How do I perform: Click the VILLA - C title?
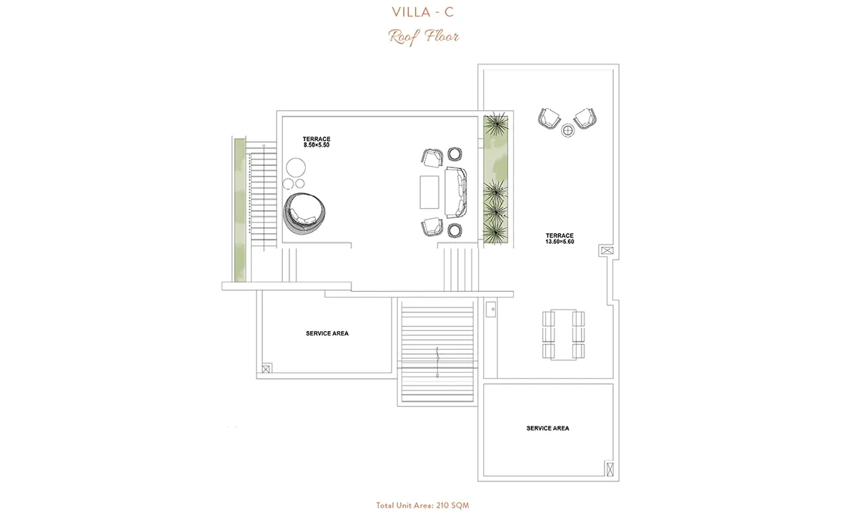pos(422,12)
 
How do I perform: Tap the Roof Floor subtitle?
pos(424,36)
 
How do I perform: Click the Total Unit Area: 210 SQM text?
pos(422,506)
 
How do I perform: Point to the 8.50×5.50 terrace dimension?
pos(316,145)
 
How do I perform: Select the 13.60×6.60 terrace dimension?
pos(559,242)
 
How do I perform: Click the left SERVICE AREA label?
pos(327,334)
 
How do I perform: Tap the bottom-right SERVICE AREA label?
pos(547,428)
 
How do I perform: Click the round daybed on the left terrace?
pos(305,213)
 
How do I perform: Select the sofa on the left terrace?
pos(457,192)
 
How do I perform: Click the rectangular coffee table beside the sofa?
pos(429,192)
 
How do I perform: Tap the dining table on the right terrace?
pos(564,335)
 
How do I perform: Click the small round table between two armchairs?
pos(567,130)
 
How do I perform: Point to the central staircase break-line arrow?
pos(437,362)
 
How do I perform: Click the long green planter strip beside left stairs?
pos(240,210)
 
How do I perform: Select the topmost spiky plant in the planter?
pos(495,124)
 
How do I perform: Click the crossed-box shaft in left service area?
pos(266,370)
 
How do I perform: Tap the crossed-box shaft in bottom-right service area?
pos(609,468)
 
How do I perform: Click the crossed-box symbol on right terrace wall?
pos(606,251)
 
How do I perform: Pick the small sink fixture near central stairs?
pos(491,310)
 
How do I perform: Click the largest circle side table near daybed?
pos(295,167)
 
